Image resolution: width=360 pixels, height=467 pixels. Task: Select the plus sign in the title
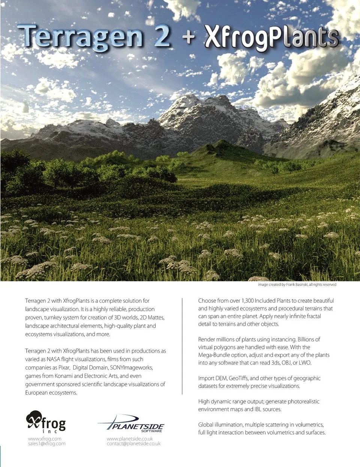(189, 37)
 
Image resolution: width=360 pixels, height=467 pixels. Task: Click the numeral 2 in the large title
(162, 36)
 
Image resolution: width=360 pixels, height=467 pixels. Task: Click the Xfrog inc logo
(46, 422)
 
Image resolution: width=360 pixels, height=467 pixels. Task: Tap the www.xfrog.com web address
(45, 439)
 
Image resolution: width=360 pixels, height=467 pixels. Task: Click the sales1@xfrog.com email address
(46, 444)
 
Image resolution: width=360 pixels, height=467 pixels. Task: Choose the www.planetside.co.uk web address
(130, 439)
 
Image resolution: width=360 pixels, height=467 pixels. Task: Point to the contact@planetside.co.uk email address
(133, 444)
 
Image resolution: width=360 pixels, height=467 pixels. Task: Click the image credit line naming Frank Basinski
(297, 285)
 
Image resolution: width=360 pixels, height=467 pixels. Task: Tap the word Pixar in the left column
(64, 367)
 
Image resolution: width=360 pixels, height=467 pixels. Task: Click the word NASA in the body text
(53, 359)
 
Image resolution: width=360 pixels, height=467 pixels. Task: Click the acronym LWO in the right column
(304, 363)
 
